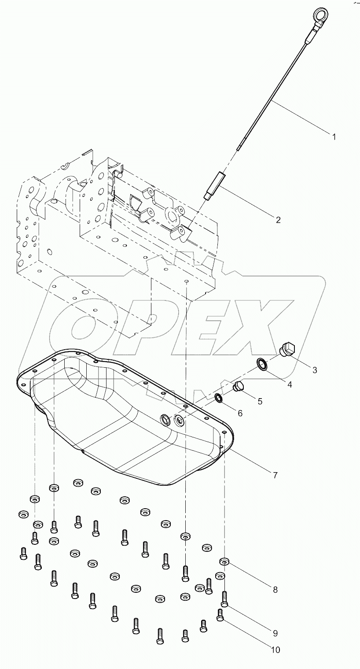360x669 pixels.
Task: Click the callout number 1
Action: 334,137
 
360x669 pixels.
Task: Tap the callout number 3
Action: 315,370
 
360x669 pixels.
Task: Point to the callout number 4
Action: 289,384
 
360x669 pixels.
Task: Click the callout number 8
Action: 275,590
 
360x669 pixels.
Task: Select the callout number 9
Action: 275,633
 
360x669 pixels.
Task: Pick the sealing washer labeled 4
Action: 263,365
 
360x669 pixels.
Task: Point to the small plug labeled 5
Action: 239,387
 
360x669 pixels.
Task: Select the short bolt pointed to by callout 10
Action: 220,614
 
